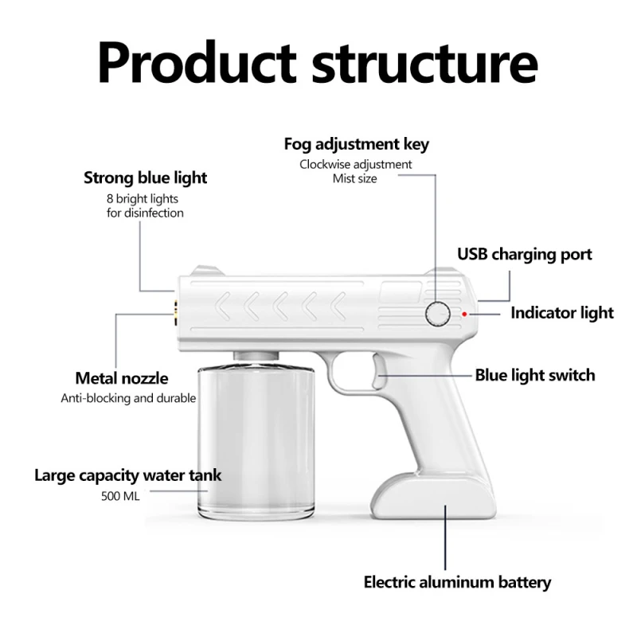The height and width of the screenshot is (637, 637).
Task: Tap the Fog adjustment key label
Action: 356,144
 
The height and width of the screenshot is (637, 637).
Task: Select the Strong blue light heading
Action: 145,178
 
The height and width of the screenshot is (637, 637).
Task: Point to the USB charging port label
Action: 524,255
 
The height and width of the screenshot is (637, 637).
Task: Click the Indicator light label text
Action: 561,312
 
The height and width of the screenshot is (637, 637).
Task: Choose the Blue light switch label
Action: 534,375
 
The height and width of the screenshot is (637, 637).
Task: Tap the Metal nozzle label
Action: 121,378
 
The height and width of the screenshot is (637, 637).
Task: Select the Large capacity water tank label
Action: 127,475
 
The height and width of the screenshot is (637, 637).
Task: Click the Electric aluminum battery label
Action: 457,582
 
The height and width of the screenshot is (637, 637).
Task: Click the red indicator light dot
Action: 464,314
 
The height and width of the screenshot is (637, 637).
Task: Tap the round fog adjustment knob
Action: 437,314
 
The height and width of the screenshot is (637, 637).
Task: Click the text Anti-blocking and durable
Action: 128,397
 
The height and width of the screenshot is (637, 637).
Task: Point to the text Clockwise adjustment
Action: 355,164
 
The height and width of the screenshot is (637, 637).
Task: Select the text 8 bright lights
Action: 144,198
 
